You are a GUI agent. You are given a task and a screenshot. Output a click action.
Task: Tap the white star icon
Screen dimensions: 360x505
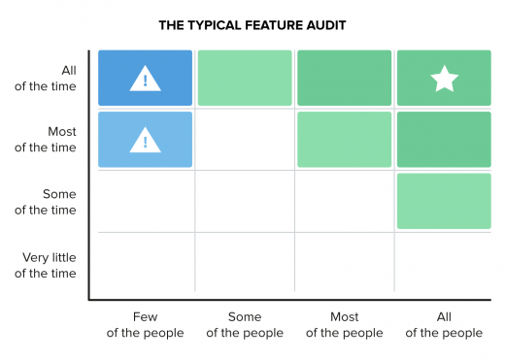(444, 80)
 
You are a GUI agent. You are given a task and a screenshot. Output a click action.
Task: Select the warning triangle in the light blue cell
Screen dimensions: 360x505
(146, 141)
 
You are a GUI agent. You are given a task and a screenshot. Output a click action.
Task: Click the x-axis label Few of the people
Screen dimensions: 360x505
(145, 325)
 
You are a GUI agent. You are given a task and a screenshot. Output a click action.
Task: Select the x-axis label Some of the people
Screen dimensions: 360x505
(244, 325)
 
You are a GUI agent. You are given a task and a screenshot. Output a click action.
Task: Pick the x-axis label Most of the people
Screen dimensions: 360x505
(344, 325)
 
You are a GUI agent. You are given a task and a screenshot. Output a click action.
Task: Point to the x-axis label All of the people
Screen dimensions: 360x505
(444, 325)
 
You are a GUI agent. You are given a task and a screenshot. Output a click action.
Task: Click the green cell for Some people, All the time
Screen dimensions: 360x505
(245, 79)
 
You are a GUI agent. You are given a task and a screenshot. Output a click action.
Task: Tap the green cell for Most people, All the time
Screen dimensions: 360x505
(344, 79)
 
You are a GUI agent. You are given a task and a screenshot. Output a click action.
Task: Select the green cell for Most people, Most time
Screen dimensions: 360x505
(344, 140)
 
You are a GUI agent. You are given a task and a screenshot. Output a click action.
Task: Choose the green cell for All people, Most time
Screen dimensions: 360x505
(444, 140)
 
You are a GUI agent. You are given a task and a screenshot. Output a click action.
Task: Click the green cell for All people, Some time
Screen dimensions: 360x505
(444, 201)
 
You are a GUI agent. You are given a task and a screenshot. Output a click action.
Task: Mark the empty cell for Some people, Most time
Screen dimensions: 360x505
(245, 140)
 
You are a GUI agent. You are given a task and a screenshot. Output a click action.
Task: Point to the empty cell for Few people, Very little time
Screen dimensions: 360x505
(145, 263)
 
